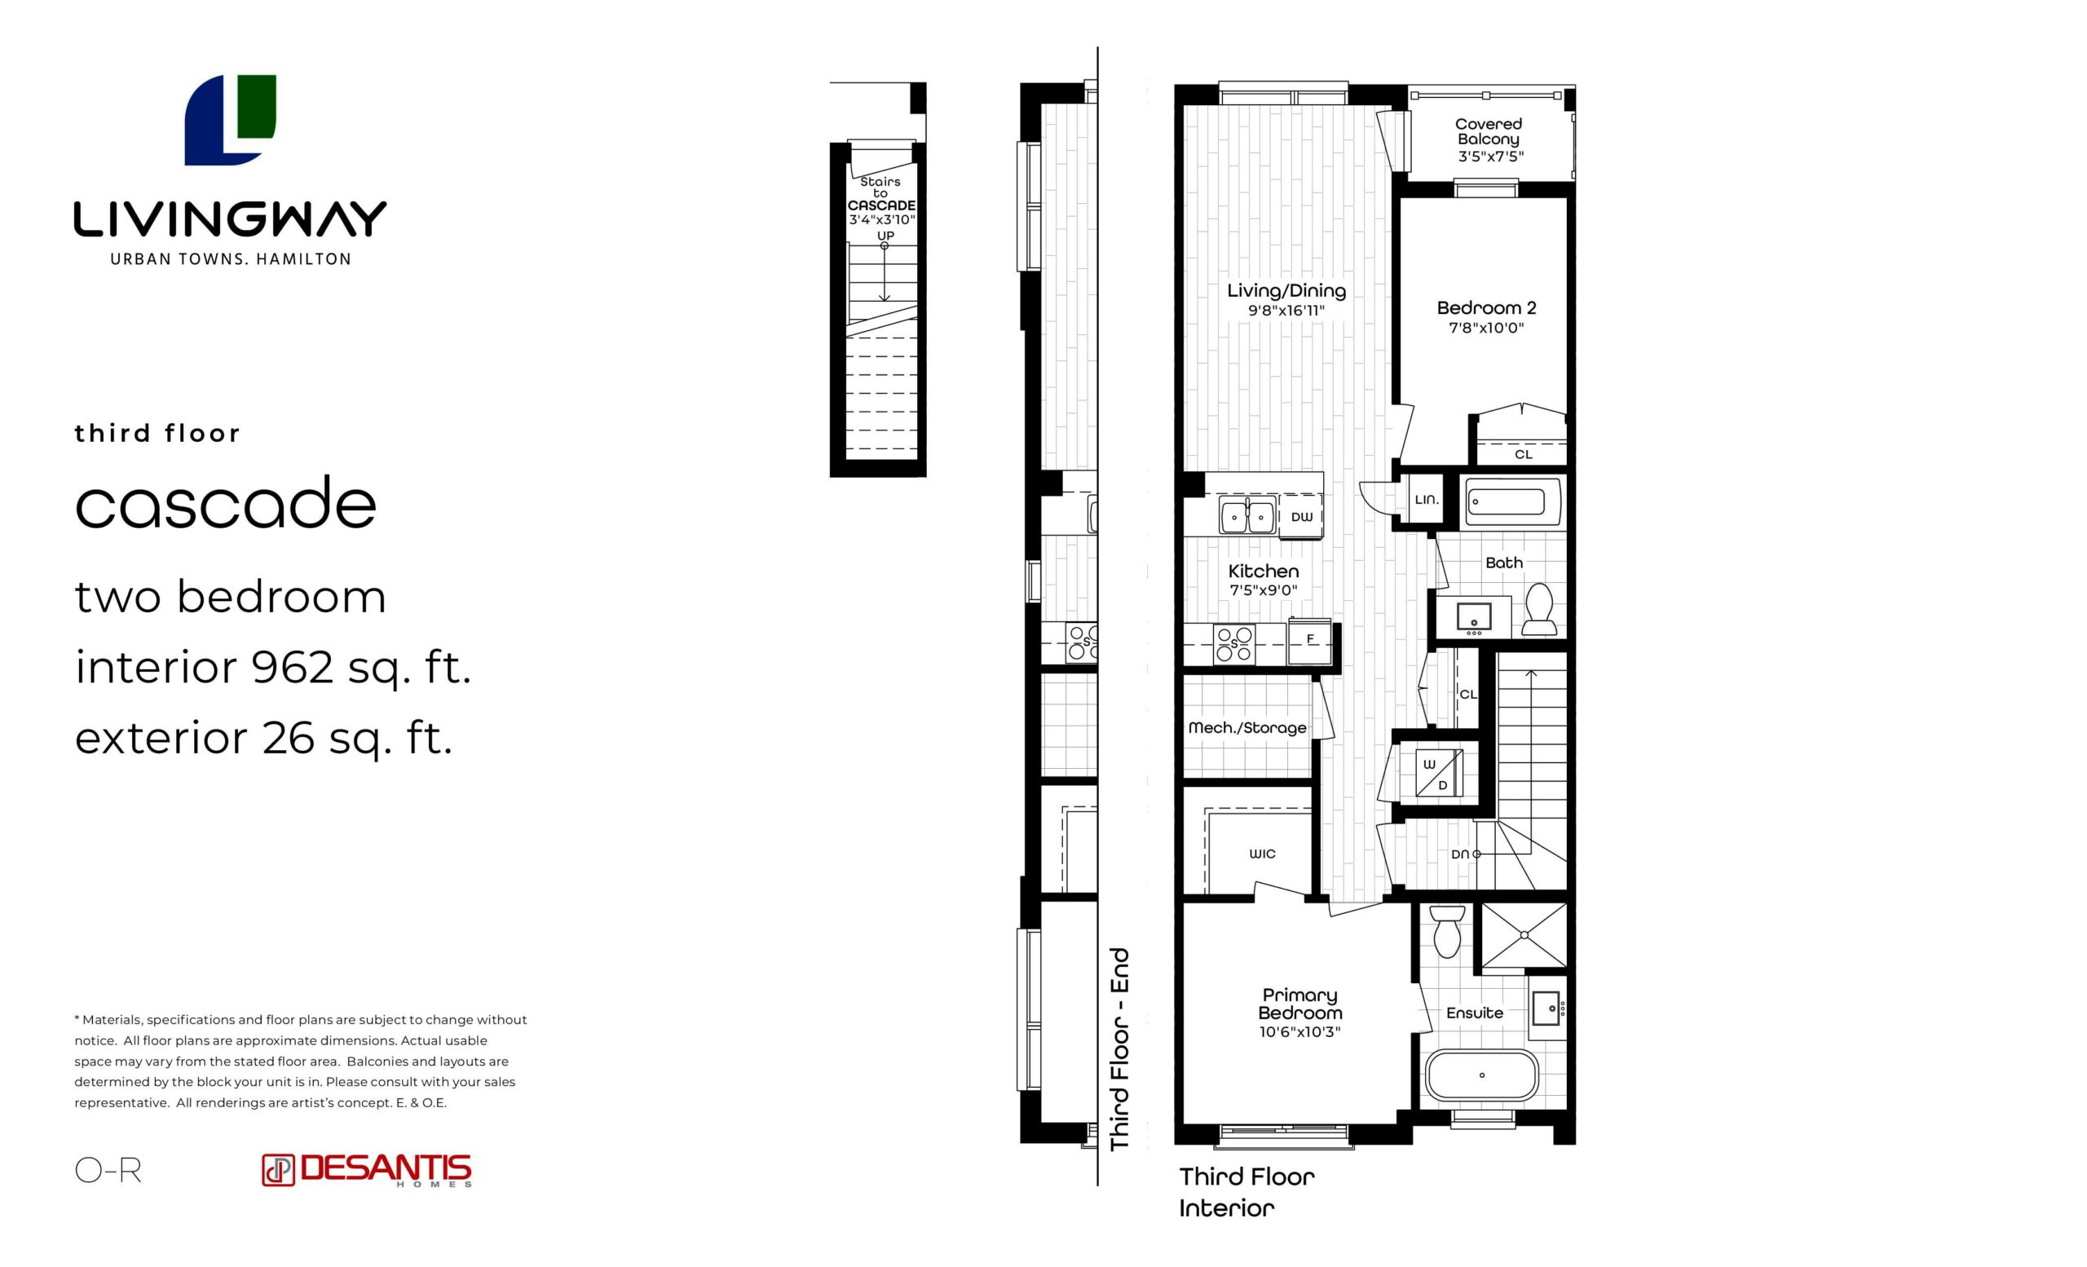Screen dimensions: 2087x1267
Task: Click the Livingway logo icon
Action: click(x=231, y=119)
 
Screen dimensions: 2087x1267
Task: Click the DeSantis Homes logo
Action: click(x=367, y=1170)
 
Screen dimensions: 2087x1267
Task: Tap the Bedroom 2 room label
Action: click(x=1486, y=308)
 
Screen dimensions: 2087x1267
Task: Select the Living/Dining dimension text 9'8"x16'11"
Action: click(x=1286, y=311)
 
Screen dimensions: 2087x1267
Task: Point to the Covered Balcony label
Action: click(x=1488, y=131)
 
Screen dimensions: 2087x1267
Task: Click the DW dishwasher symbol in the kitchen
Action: click(x=1301, y=517)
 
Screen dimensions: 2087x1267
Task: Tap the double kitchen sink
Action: click(x=1246, y=516)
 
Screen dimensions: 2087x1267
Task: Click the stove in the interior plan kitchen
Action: click(x=1234, y=643)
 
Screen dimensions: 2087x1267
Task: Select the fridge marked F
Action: click(x=1309, y=641)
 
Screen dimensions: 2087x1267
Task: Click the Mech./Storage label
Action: click(x=1246, y=727)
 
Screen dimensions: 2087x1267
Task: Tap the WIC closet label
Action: click(x=1262, y=854)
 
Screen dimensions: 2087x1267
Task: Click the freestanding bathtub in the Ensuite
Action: click(x=1481, y=1075)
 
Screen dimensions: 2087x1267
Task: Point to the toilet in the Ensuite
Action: click(x=1447, y=932)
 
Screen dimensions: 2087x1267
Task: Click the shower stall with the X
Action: click(x=1524, y=935)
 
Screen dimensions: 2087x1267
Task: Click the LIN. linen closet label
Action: click(x=1427, y=500)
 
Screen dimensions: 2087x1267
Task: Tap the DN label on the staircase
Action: click(x=1459, y=854)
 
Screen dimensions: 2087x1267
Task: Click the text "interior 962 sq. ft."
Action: click(x=273, y=668)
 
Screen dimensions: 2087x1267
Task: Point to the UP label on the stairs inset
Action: click(x=885, y=236)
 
